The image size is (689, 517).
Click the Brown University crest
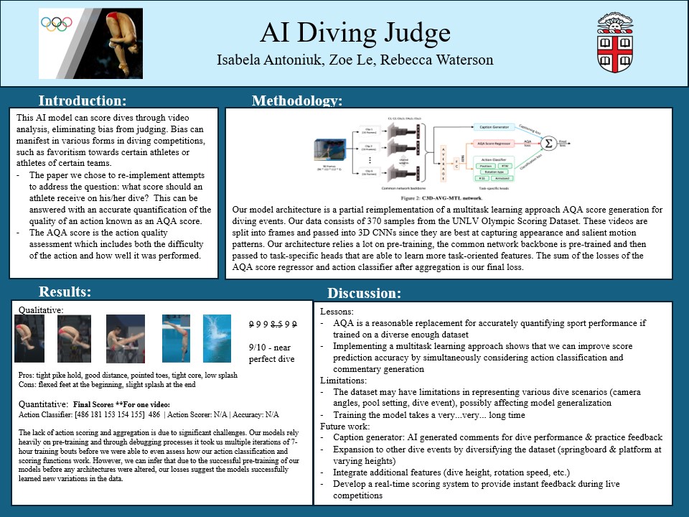(x=615, y=43)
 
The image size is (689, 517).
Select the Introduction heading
(x=83, y=101)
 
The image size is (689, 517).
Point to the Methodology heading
(x=296, y=101)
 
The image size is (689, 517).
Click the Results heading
(x=65, y=292)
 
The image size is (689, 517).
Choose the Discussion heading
(x=364, y=293)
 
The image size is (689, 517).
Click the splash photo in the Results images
(x=217, y=337)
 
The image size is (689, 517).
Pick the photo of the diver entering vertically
(x=176, y=337)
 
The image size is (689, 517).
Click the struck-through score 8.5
(x=272, y=324)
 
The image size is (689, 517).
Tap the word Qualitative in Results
(x=40, y=309)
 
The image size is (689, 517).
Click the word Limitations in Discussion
(x=343, y=381)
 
